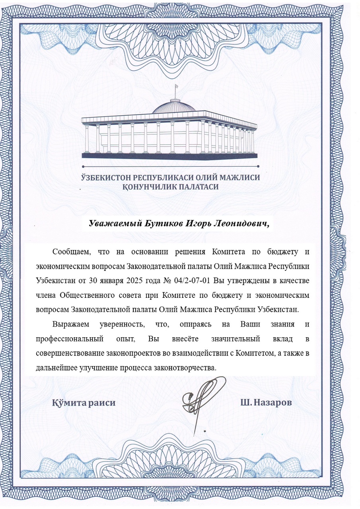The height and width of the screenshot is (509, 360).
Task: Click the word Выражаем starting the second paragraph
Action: [x=69, y=324]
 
